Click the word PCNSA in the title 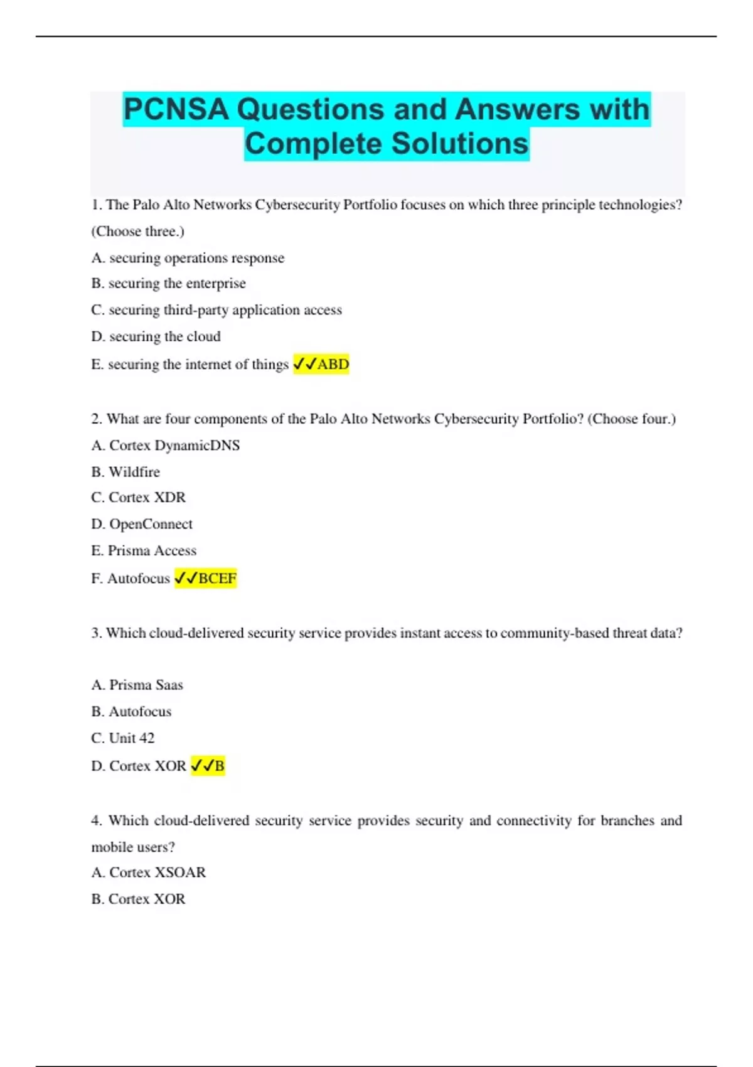(x=176, y=109)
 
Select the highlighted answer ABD (x=333, y=364)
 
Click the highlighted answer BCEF (x=216, y=578)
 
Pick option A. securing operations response (x=188, y=258)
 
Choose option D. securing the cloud (x=156, y=336)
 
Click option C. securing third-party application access (x=216, y=310)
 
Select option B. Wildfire (x=125, y=472)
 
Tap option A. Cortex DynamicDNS (x=165, y=446)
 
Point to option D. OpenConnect (x=142, y=524)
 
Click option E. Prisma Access (x=144, y=550)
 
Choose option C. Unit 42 (x=122, y=738)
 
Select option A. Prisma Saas (x=137, y=685)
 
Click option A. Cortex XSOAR (x=148, y=872)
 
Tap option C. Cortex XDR (x=138, y=498)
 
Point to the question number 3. (x=96, y=633)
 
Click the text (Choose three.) (x=137, y=232)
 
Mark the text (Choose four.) (x=631, y=419)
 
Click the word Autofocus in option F (x=139, y=579)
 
